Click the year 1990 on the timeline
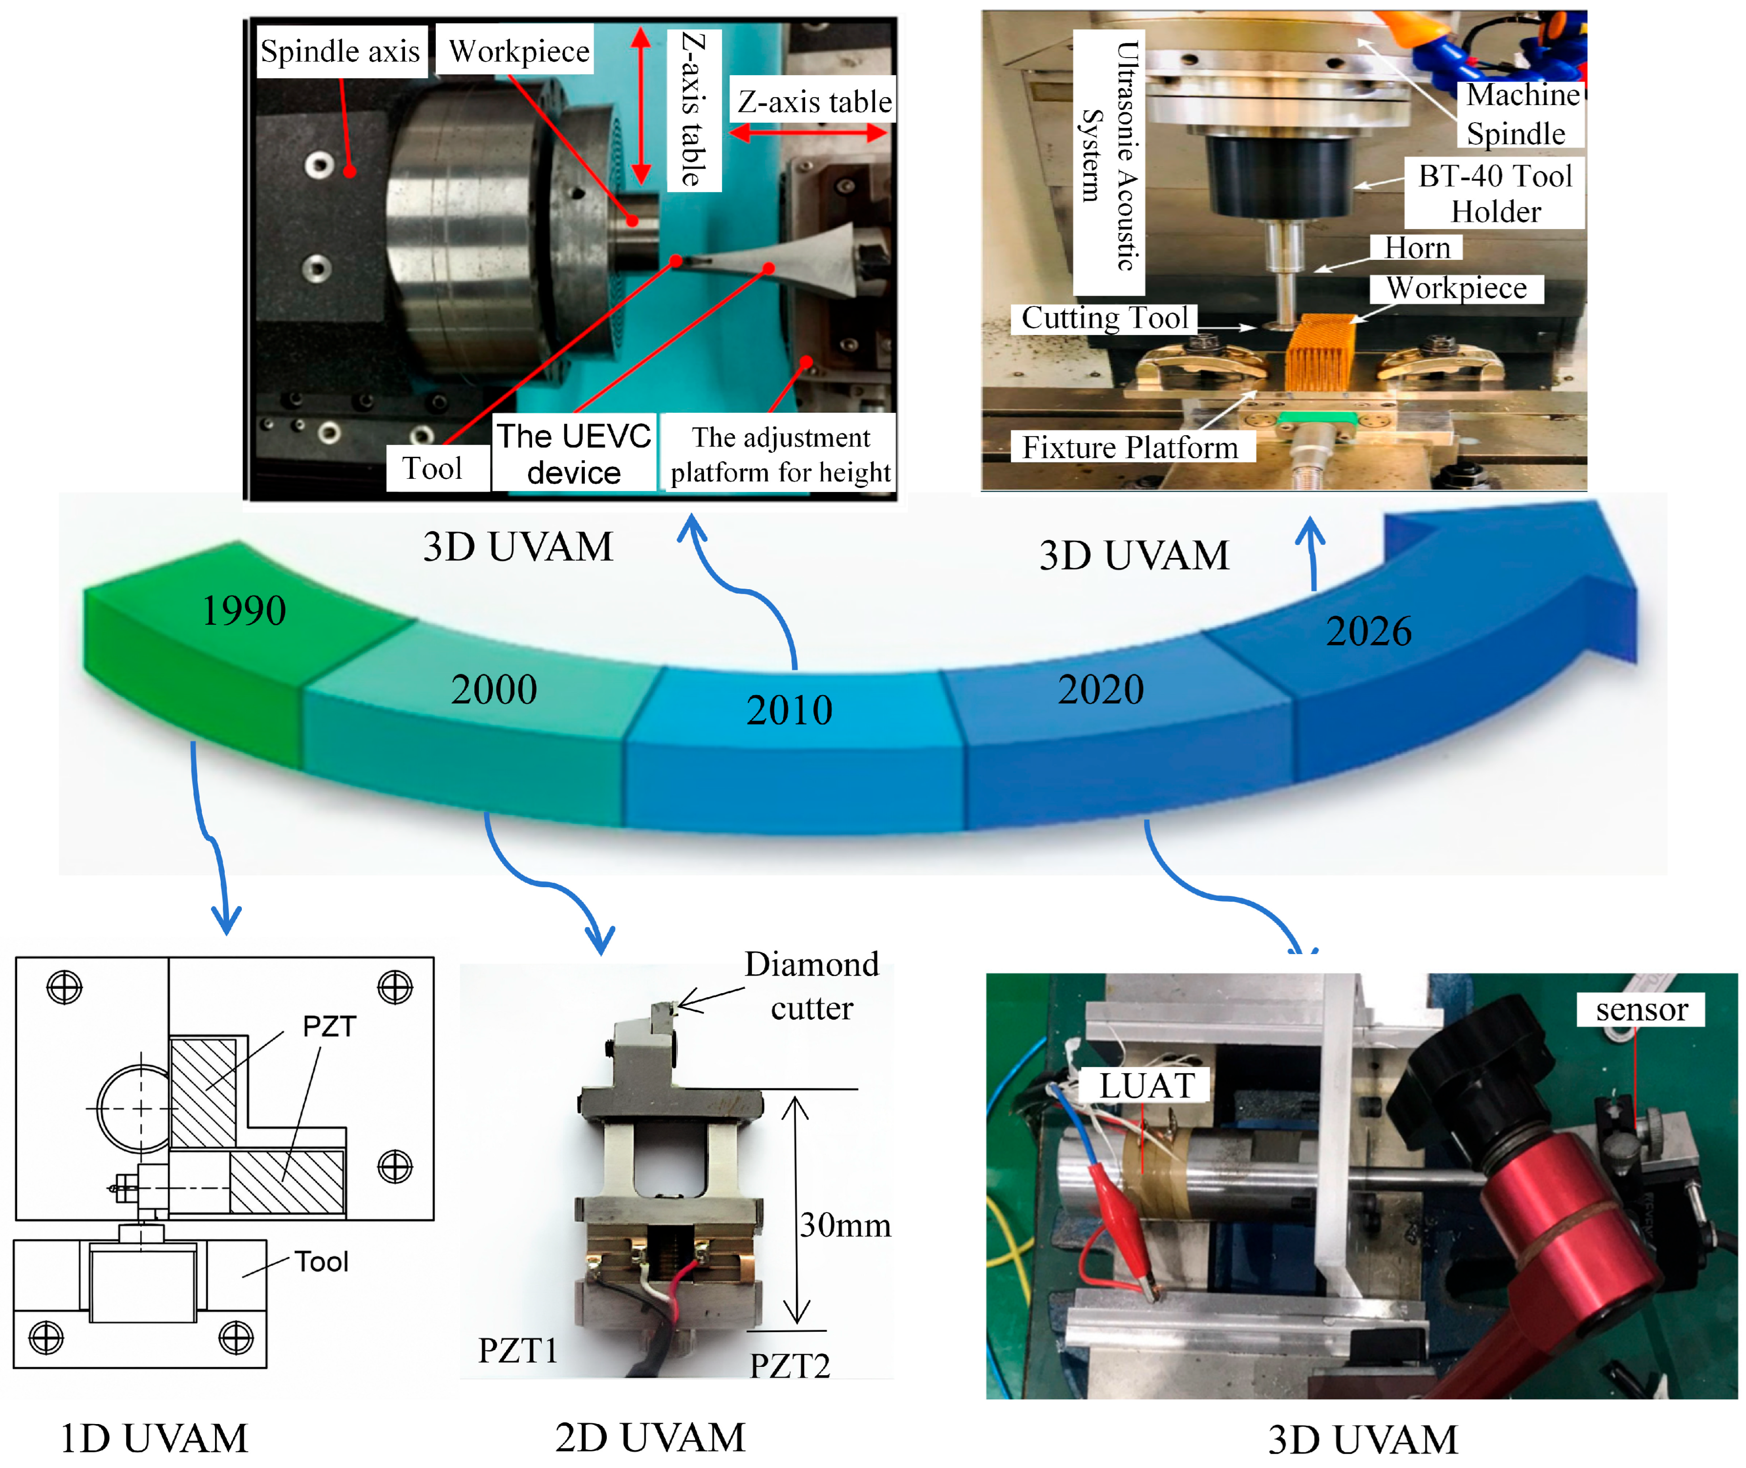coord(244,611)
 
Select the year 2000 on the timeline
coord(494,690)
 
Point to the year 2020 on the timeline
coord(1101,690)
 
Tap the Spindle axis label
coord(341,52)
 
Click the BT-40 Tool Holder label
coord(1495,194)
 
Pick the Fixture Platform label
coord(1130,447)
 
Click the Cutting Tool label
coord(1105,318)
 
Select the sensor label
coord(1641,1009)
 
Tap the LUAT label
coord(1147,1086)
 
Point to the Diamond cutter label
coord(811,986)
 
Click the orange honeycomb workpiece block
coord(1320,353)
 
